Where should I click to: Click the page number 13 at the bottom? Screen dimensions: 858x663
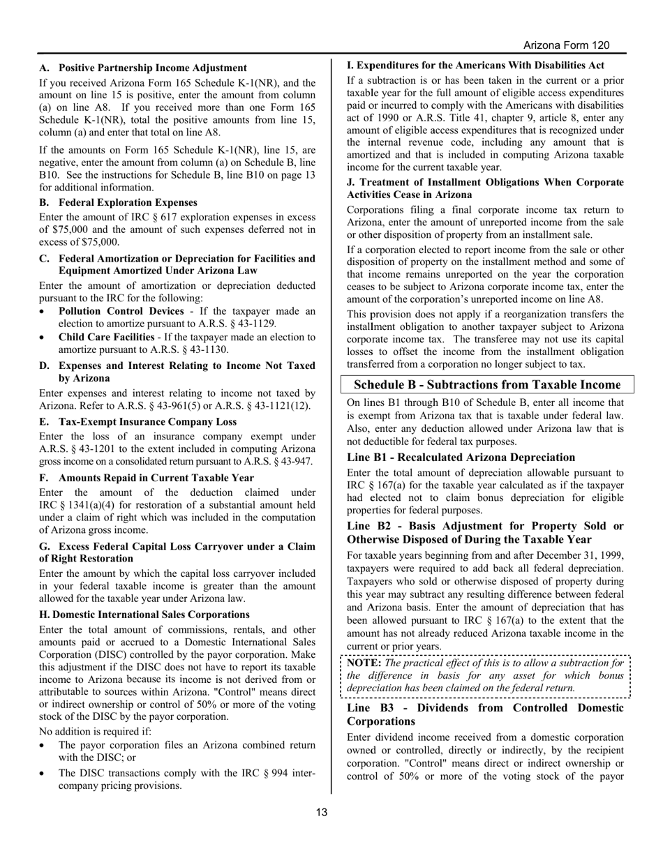(321, 811)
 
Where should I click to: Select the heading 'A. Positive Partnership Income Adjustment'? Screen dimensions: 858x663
(143, 68)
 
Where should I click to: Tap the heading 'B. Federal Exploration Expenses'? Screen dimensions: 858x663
(118, 202)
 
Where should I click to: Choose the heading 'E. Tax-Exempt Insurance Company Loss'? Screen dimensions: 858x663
(137, 421)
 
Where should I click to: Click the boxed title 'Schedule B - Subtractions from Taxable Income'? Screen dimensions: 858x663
(486, 385)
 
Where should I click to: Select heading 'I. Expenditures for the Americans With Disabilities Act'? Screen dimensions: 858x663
(475, 65)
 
